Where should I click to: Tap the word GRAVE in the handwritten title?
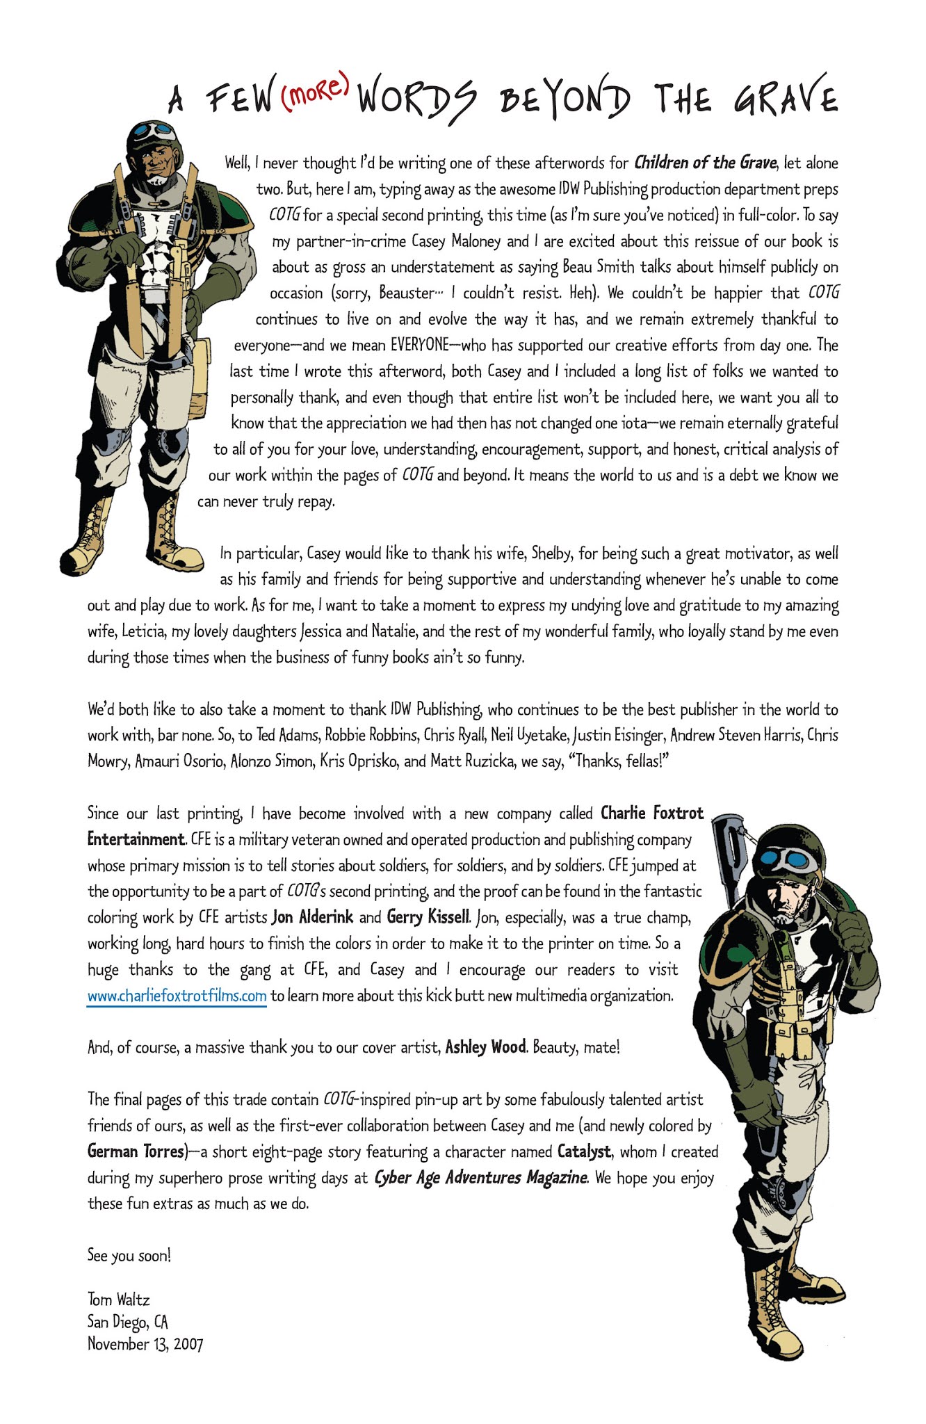click(786, 98)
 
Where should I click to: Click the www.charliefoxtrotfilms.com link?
click(177, 996)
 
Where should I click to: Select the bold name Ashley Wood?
click(485, 1047)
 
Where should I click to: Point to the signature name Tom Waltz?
click(119, 1300)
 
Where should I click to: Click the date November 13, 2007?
click(145, 1343)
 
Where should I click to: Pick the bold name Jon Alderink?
click(312, 917)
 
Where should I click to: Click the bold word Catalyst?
click(584, 1151)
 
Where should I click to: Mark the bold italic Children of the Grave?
click(704, 163)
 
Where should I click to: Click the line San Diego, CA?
click(127, 1322)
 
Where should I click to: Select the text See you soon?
click(129, 1255)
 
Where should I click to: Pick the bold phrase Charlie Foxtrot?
click(651, 813)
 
